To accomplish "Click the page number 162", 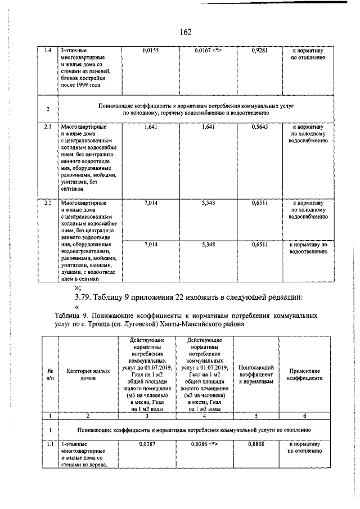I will pyautogui.click(x=186, y=31).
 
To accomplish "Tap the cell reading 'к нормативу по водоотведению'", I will pyautogui.click(x=309, y=248).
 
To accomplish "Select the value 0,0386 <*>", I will pyautogui.click(x=205, y=444).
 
